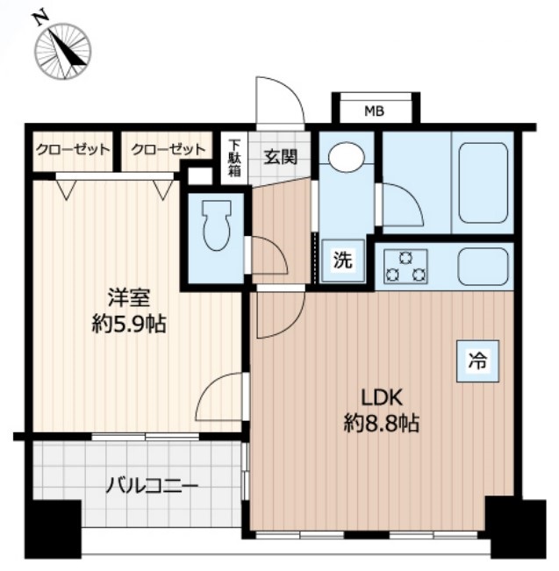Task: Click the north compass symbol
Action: coord(62,50)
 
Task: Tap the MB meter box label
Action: coord(375,111)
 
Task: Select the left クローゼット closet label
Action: coord(73,150)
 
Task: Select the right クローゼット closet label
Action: coord(168,150)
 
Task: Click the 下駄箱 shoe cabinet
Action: coord(234,158)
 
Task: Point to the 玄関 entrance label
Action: coord(281,157)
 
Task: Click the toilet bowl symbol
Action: coord(217,225)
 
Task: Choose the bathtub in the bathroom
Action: coord(484,183)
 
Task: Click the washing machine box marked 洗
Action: coord(343,261)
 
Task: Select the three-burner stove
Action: coord(405,267)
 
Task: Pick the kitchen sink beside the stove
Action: coord(484,267)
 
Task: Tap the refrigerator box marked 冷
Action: coord(477,360)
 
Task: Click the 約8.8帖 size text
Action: coord(381,423)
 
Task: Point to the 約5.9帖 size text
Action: coord(129,324)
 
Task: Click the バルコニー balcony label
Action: coord(153,486)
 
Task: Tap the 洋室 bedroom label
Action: coord(129,298)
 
